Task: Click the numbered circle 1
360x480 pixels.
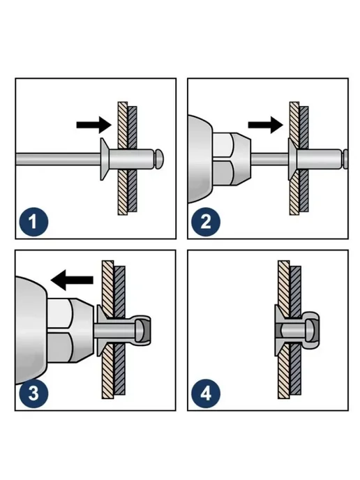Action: point(33,222)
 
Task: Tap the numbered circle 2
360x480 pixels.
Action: point(206,222)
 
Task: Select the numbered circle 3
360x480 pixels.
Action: point(33,393)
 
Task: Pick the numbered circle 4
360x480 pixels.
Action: point(206,393)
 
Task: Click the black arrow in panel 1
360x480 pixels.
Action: point(93,125)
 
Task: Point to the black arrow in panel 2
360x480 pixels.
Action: point(265,125)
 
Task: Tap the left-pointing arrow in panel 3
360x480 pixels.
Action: point(72,280)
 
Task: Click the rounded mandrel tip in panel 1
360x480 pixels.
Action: point(159,158)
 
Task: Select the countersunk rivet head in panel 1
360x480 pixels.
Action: point(105,159)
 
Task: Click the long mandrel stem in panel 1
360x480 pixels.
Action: point(58,159)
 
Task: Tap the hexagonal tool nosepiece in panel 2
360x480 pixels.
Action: point(231,159)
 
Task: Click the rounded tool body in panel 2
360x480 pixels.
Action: point(200,159)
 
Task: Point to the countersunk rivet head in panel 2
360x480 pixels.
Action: point(292,159)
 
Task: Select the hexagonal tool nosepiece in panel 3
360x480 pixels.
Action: point(70,331)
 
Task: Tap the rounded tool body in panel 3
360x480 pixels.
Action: point(31,330)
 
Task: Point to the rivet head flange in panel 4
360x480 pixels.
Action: point(277,331)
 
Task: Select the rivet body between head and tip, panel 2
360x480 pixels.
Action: point(318,159)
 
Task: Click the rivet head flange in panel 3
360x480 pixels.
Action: point(100,331)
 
